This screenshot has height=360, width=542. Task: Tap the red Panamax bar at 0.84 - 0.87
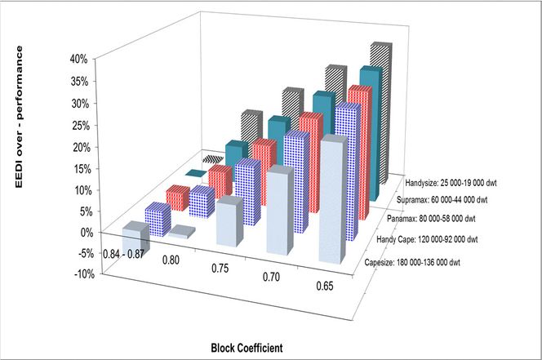[178, 198]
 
